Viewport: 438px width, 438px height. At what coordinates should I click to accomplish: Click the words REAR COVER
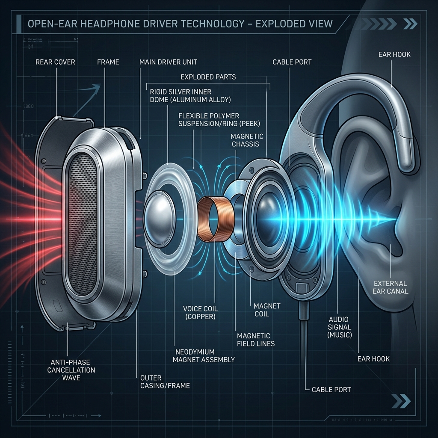pyautogui.click(x=56, y=62)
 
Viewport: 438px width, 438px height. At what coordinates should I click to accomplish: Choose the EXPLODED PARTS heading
pyautogui.click(x=208, y=77)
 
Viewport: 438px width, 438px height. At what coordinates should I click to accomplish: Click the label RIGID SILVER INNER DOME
pyautogui.click(x=180, y=96)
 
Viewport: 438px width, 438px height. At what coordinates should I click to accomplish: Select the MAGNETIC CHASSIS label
pyautogui.click(x=248, y=140)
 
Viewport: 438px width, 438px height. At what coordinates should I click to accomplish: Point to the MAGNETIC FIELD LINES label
pyautogui.click(x=256, y=340)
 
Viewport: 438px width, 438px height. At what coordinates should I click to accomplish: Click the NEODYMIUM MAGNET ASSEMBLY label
pyautogui.click(x=204, y=355)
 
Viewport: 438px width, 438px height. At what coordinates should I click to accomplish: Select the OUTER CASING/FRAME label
pyautogui.click(x=165, y=382)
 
